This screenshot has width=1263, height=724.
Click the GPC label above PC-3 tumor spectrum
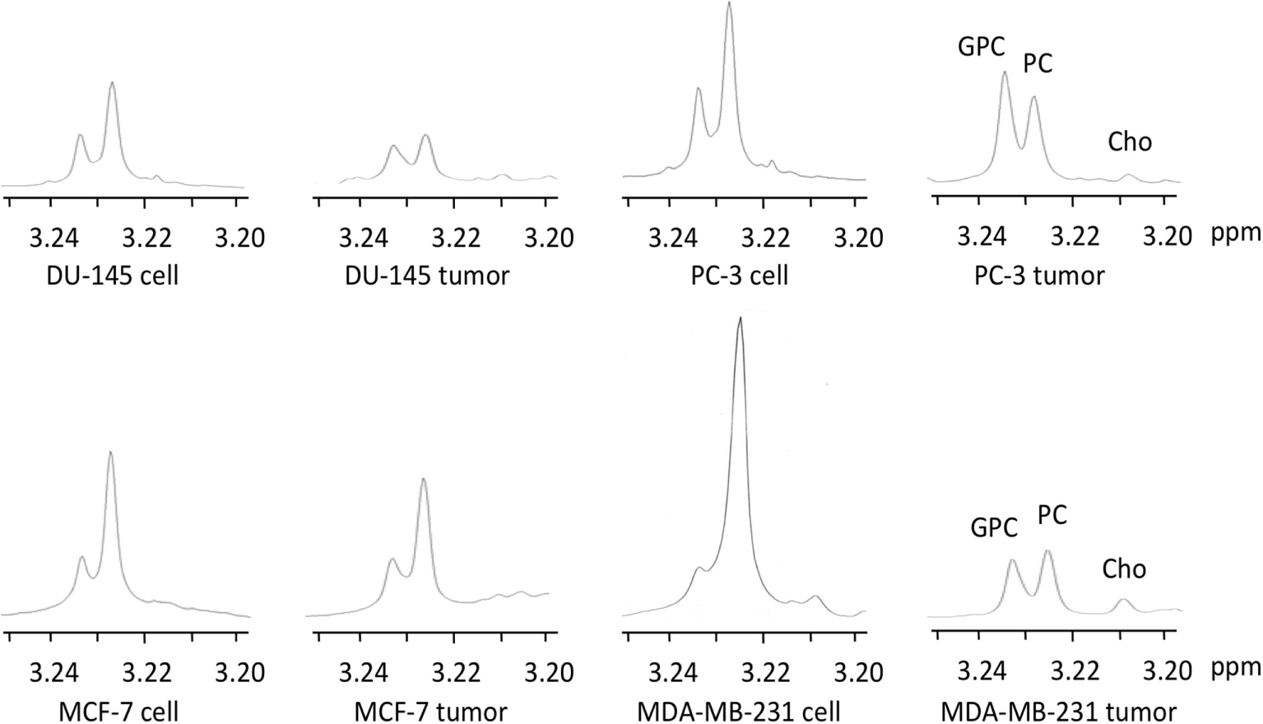point(981,48)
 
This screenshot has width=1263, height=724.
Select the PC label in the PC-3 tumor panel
point(1038,63)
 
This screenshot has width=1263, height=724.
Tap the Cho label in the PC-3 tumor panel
point(1130,142)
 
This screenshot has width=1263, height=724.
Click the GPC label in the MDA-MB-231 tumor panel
point(994,528)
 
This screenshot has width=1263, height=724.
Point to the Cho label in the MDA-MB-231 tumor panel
point(1124,569)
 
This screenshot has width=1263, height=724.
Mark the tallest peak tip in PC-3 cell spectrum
point(729,3)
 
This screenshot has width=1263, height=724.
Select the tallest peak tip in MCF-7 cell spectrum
point(110,452)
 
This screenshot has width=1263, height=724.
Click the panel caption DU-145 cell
point(112,275)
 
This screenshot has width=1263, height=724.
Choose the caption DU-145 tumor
point(427,275)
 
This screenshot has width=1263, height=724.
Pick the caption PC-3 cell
point(739,275)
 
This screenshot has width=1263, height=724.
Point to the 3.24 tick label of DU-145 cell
point(53,238)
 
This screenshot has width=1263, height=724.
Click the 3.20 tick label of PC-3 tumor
point(1168,237)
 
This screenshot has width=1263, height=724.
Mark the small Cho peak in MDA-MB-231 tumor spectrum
point(1122,601)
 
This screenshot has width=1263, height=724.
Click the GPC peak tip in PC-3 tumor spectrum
point(1004,72)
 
